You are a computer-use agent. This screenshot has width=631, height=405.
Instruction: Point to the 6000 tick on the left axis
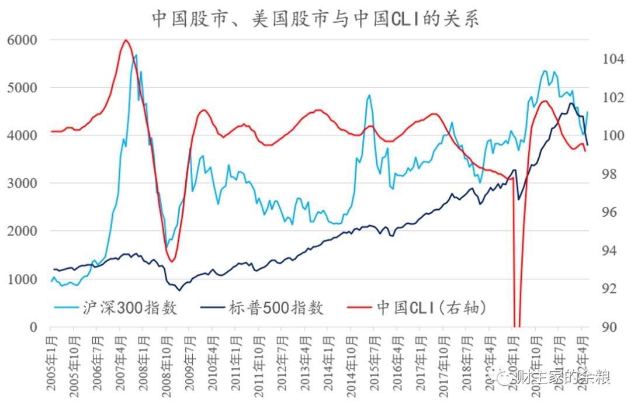pos(22,40)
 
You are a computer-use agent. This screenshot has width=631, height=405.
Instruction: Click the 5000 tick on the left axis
pos(22,88)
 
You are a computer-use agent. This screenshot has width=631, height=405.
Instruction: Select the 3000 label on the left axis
pos(22,183)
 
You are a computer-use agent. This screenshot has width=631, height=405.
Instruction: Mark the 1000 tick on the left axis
pos(22,279)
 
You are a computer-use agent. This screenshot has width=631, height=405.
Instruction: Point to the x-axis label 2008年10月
pos(166,362)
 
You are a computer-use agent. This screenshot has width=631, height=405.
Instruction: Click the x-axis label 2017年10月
pos(442,362)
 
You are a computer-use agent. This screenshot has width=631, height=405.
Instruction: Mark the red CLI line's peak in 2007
pos(126,40)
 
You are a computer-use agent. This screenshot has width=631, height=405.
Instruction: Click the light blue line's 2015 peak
pos(369,95)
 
